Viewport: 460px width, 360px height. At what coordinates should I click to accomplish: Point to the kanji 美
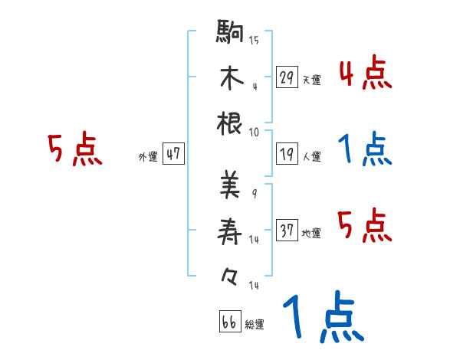click(230, 185)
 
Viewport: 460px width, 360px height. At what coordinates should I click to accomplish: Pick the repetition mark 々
click(230, 273)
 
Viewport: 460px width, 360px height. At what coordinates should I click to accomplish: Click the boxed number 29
click(287, 77)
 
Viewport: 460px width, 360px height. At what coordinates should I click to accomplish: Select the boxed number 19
click(287, 154)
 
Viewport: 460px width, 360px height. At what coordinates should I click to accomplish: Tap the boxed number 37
click(287, 230)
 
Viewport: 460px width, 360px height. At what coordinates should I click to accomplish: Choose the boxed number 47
click(173, 153)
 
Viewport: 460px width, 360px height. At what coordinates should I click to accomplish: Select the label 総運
click(255, 325)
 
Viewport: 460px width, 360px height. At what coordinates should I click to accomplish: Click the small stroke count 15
click(254, 41)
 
